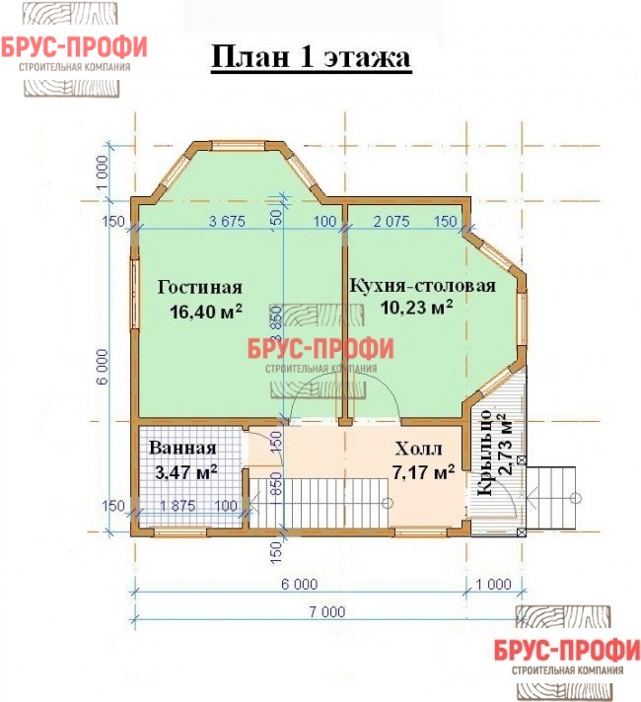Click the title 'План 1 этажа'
point(311,57)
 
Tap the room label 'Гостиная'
point(200,287)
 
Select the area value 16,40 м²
point(206,312)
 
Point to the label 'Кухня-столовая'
point(422,285)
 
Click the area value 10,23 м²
point(416,308)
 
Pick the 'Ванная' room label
point(182,448)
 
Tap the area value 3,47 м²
point(186,472)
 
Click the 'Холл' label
point(418,449)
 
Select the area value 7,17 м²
point(423,472)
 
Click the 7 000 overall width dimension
point(327,611)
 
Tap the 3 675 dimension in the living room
point(227,221)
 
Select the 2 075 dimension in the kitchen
point(392,221)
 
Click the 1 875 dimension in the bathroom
point(178,506)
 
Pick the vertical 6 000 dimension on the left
point(103,367)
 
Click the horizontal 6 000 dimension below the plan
point(299,584)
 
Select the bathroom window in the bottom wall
point(180,531)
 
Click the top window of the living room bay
point(238,146)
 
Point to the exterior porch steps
point(551,498)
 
